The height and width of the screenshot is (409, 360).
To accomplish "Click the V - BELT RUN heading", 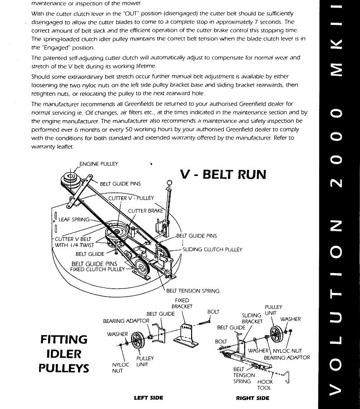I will pos(223,174).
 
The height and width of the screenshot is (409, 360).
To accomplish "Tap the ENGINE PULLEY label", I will pos(99,164).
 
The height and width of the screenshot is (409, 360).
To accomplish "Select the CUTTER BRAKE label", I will pos(145,211).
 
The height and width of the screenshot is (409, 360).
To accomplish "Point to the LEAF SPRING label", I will pos(74,219).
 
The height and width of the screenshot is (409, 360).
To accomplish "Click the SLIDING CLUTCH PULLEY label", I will pos(212,249).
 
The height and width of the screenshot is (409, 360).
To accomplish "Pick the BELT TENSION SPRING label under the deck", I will pos(192,291).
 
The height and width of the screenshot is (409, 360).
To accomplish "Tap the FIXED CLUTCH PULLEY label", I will pos(97,269).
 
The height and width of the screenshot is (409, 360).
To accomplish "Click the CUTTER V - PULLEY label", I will pos(131,198).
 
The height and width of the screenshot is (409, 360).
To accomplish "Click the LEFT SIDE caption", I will pos(148,398).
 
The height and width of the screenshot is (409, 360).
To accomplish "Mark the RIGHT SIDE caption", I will pos(252,398).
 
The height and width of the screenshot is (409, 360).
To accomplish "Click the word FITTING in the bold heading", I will pos(64,339).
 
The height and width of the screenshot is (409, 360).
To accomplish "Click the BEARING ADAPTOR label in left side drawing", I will pos(126,321).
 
